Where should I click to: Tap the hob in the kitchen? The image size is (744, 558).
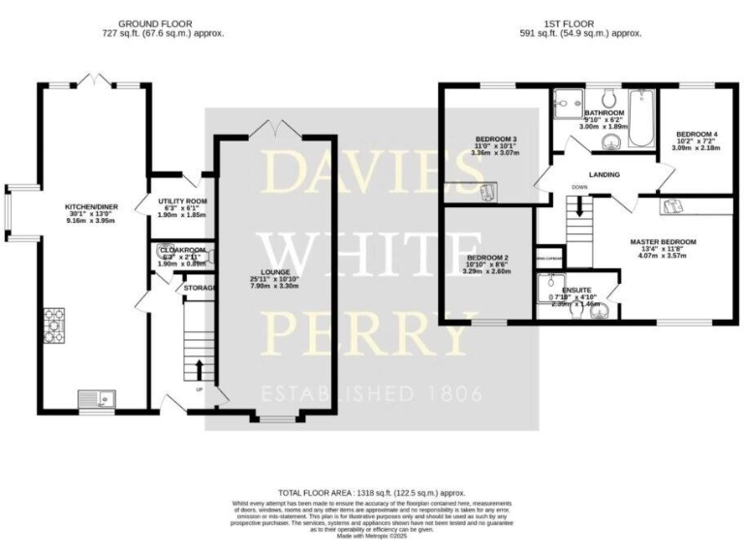point(54,322)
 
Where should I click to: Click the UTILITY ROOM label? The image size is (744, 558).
point(183,201)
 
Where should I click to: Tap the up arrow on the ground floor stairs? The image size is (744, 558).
point(201,368)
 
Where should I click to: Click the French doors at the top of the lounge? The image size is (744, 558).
point(275,128)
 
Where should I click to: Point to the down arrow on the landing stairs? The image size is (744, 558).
point(579,205)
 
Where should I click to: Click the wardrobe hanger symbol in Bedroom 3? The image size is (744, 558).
point(485,192)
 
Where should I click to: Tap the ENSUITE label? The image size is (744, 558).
point(577,289)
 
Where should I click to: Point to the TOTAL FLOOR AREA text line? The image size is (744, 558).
point(372,493)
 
